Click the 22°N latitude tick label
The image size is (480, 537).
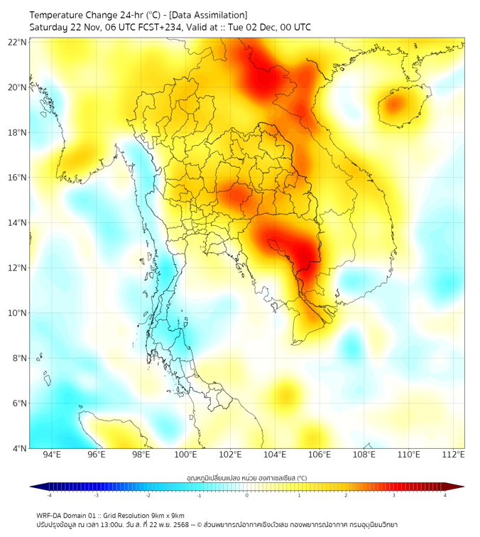tap(18, 42)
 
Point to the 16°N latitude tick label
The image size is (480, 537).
tap(18, 178)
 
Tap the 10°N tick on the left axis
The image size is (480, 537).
tap(18, 313)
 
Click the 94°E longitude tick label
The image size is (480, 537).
tap(52, 455)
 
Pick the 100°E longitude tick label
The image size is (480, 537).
tap(186, 455)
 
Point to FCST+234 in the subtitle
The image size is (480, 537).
tap(153, 27)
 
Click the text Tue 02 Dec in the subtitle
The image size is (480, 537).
tap(261, 27)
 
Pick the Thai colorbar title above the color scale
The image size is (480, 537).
tap(246, 478)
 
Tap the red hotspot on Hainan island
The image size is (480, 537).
tap(394, 104)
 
